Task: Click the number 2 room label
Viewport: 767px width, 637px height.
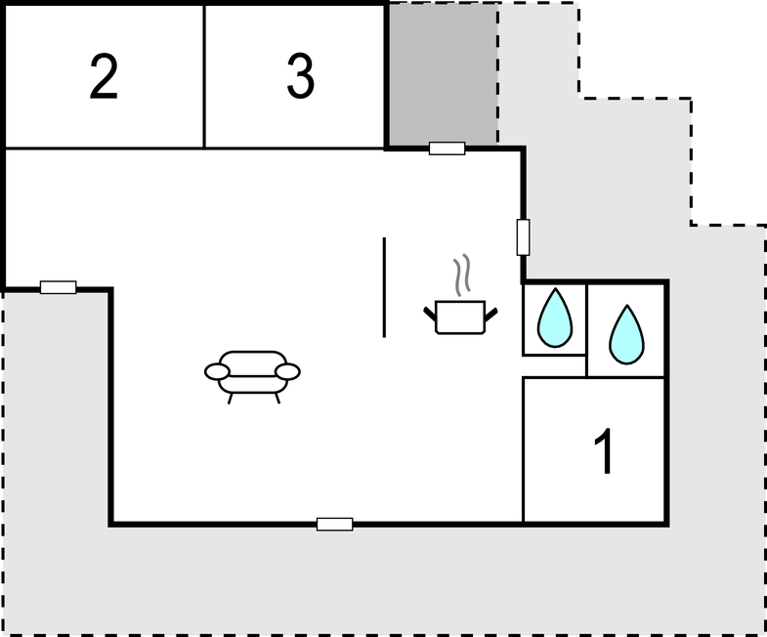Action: coord(104,76)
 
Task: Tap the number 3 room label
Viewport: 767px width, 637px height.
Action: coord(300,76)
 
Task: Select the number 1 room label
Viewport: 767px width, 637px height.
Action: coord(605,450)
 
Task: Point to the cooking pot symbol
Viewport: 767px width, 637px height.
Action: coord(460,317)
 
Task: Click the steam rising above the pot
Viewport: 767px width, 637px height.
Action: coord(462,276)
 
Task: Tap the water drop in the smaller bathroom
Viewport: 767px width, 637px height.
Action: coord(555,318)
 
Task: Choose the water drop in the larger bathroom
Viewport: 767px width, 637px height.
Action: coord(626,335)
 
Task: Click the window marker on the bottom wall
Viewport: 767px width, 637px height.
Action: coord(334,524)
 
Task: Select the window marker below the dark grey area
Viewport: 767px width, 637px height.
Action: coord(447,149)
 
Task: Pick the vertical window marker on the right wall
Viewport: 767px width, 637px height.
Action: coord(523,237)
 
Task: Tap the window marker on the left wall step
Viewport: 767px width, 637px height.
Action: coord(59,287)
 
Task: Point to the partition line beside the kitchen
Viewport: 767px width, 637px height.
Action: coord(384,287)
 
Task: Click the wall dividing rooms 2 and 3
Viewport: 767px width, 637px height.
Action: coord(204,76)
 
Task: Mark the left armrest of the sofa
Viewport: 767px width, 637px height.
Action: coord(217,372)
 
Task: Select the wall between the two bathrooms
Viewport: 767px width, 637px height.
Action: coord(586,331)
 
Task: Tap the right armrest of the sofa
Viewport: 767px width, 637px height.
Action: coord(287,372)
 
